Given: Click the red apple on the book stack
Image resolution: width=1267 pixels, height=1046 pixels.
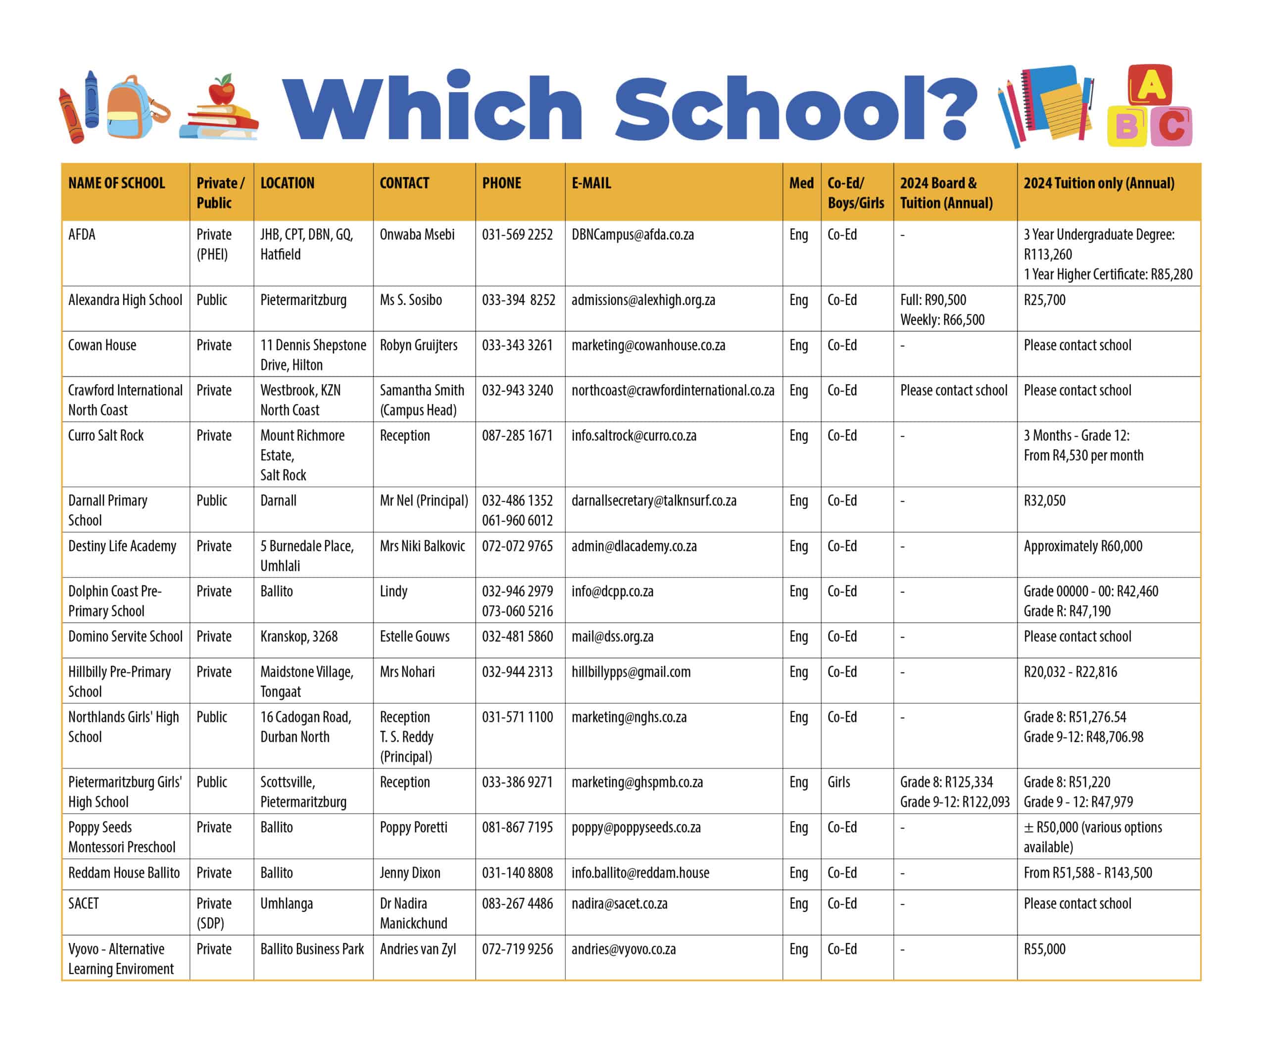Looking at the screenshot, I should (222, 92).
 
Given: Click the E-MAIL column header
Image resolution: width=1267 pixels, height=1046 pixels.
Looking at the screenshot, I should (591, 183).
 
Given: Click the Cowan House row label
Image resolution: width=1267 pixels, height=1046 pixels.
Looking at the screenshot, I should (102, 345).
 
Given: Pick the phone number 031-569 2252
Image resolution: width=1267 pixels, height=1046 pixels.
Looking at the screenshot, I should (517, 234).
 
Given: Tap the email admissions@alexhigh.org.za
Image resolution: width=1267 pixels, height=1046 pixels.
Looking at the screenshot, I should (642, 300).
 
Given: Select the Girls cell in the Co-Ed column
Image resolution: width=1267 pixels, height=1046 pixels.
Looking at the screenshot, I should (838, 782).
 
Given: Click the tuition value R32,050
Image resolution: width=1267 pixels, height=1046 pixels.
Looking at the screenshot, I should (1044, 501).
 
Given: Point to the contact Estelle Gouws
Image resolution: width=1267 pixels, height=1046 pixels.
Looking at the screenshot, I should (414, 636).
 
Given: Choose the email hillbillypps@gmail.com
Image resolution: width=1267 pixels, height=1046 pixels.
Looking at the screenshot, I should (631, 672).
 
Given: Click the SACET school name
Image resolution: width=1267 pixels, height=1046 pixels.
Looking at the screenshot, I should (83, 903).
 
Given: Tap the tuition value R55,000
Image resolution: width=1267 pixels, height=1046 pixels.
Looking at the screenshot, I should (1044, 949).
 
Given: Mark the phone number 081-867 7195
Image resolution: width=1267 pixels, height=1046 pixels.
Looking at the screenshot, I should (517, 827).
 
